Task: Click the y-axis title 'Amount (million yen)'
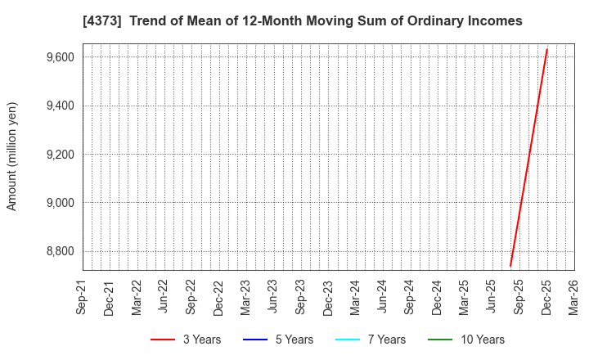tap(12, 156)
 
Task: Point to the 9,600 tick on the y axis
tap(60, 57)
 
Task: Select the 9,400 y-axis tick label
tap(60, 106)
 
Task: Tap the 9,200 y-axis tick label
tap(60, 155)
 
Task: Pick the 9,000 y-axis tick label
tap(60, 203)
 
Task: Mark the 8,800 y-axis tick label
tap(60, 251)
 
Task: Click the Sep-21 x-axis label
tap(82, 298)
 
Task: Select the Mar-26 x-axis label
tap(574, 298)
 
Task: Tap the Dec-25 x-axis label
tap(546, 298)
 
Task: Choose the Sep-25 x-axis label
tap(519, 298)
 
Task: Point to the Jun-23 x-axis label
tap(273, 298)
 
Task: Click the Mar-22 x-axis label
tap(137, 298)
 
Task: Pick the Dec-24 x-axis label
tap(438, 298)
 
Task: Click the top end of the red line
tap(546, 50)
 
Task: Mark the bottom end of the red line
tap(510, 265)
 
